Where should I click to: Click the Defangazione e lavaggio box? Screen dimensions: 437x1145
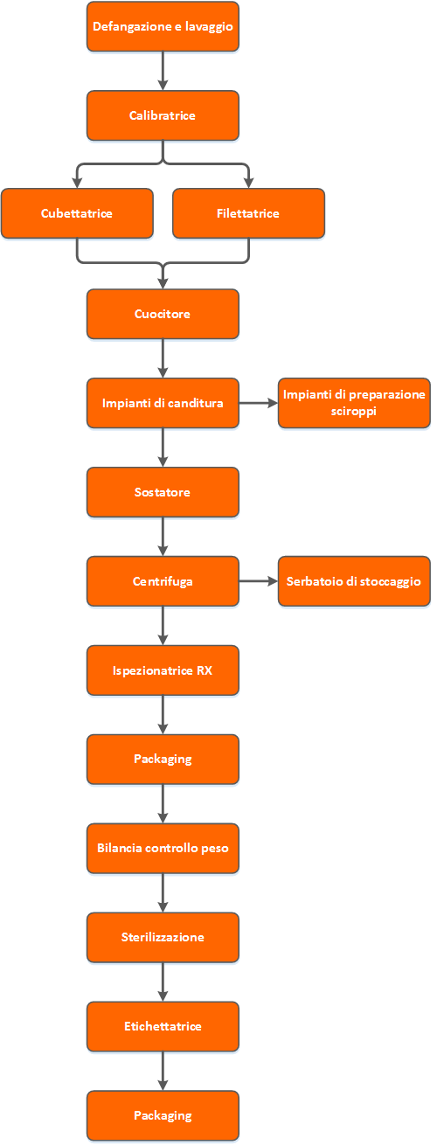(163, 26)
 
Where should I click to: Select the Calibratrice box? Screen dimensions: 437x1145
(163, 115)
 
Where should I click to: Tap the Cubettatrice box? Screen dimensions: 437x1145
(77, 213)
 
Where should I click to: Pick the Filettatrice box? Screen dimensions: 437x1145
(248, 213)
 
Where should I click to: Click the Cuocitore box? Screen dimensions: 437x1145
(163, 314)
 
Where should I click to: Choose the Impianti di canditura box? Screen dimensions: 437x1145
(163, 403)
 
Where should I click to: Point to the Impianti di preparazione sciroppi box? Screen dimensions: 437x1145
(354, 403)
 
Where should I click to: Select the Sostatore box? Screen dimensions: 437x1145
(163, 492)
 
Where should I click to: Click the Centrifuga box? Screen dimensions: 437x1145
(163, 581)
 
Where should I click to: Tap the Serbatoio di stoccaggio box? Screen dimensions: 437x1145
(354, 581)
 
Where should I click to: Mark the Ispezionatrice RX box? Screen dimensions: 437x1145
(163, 670)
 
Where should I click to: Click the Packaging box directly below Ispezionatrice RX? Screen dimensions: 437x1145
(163, 760)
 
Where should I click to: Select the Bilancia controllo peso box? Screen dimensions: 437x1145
(163, 849)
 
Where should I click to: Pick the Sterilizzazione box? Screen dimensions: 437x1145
(163, 938)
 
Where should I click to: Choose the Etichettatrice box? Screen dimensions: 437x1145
(163, 1026)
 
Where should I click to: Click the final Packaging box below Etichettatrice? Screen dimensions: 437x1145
(163, 1116)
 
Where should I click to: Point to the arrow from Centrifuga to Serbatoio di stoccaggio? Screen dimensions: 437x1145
(259, 581)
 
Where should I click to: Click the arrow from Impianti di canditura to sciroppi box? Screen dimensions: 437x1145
(259, 403)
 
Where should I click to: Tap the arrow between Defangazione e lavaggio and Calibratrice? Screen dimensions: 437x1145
(163, 71)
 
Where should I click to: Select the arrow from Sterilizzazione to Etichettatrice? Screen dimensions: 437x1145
(163, 982)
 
